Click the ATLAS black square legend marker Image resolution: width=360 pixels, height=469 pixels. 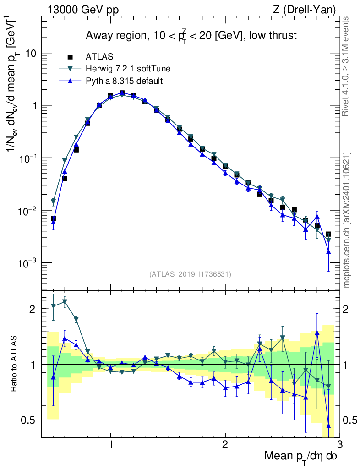coord(70,57)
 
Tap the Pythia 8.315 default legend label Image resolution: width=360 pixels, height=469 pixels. coord(124,81)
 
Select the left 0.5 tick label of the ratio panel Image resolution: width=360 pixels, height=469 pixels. coord(30,420)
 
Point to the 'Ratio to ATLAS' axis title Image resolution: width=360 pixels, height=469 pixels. coord(14,364)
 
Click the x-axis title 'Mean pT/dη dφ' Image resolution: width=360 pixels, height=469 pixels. coord(301,456)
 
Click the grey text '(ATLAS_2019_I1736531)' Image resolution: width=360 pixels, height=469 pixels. coord(190,274)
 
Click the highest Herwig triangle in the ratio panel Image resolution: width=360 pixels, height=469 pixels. coord(65,301)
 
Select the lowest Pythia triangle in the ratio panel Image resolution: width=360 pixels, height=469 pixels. coord(328,426)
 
